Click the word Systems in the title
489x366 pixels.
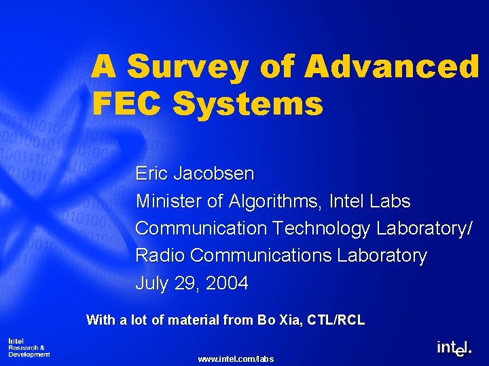tap(247, 105)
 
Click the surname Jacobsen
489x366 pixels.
tap(214, 174)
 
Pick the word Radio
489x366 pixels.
tap(160, 256)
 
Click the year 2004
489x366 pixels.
tap(226, 283)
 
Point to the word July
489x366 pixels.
tap(151, 283)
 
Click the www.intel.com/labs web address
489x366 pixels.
tap(235, 359)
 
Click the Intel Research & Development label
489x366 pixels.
tap(29, 347)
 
